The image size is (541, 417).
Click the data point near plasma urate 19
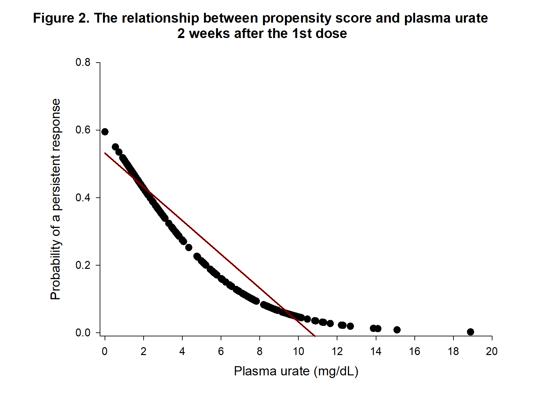471,332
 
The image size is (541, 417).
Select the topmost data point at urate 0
105,132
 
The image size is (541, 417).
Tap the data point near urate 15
397,330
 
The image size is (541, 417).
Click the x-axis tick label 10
298,351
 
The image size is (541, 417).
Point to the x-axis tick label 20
492,351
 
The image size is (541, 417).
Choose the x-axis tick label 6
221,351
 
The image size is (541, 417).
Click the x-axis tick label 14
376,351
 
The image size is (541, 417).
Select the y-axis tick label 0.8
83,62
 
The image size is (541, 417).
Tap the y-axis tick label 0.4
83,198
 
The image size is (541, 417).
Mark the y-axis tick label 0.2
83,265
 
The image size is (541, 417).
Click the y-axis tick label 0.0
83,333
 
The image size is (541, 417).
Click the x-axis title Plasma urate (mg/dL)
296,371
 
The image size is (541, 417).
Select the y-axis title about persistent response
56,199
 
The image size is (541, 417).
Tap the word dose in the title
331,33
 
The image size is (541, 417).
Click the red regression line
210,245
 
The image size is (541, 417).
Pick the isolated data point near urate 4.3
189,248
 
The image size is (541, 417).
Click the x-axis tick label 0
105,351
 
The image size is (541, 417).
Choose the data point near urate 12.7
350,326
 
